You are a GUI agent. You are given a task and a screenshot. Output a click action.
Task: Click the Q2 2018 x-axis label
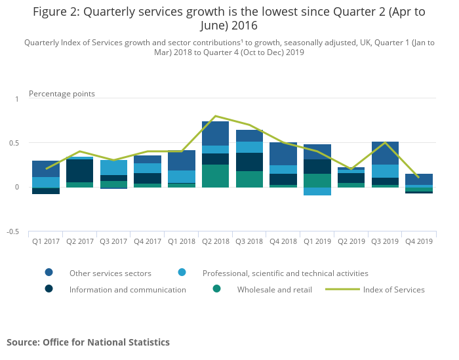point(215,241)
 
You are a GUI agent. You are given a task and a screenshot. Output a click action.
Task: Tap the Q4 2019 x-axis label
point(419,241)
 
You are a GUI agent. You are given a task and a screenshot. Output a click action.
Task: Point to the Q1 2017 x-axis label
point(45,241)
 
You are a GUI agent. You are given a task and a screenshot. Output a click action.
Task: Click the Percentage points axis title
point(62,94)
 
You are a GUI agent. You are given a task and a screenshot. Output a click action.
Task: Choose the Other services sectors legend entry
point(110,273)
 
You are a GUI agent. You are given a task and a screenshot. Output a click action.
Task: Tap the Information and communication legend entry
point(127,289)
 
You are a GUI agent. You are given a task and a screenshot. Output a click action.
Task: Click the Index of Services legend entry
point(393,289)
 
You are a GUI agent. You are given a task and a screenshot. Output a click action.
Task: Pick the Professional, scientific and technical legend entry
point(285,273)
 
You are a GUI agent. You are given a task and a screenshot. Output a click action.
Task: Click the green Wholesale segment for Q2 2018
point(215,176)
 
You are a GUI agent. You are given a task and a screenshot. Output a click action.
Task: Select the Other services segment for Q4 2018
point(283,153)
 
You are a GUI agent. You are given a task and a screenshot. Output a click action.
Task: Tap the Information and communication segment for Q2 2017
point(79,170)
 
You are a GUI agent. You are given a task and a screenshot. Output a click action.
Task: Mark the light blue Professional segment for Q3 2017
point(113,167)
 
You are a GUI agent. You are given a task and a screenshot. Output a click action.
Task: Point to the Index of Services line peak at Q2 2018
point(215,116)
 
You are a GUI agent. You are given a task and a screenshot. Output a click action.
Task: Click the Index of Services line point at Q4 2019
point(419,177)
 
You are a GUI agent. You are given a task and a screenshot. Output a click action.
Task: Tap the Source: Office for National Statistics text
point(88,342)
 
